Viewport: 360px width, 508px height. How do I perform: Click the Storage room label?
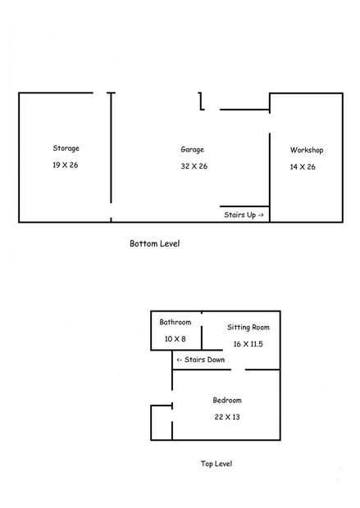click(66, 148)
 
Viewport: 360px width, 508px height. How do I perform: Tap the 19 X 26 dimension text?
click(65, 165)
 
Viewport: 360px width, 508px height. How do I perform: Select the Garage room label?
click(193, 150)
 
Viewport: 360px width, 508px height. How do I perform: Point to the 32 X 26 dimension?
click(194, 166)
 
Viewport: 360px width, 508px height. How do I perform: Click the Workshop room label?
click(307, 150)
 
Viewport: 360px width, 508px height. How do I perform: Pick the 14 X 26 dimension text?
click(303, 167)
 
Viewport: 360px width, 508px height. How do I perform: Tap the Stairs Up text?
click(240, 215)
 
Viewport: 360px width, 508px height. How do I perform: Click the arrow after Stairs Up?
click(261, 215)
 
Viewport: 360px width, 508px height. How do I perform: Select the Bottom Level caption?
click(155, 243)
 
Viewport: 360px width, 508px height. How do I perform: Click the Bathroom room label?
click(175, 322)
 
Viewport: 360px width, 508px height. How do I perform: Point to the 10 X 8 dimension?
click(175, 339)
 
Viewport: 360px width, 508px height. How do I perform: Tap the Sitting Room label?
click(248, 327)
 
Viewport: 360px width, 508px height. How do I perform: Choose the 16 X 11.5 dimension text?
click(248, 344)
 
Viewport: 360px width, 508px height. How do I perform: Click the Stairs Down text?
click(204, 360)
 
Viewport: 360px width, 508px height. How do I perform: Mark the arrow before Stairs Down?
click(179, 360)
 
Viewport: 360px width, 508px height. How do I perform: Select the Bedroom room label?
click(227, 400)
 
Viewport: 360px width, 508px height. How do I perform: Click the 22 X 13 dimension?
click(227, 417)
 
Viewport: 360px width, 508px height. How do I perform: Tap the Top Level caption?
click(216, 464)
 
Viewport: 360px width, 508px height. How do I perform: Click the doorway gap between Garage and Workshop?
click(270, 123)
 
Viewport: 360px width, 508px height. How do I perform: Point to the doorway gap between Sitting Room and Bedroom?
click(238, 370)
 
